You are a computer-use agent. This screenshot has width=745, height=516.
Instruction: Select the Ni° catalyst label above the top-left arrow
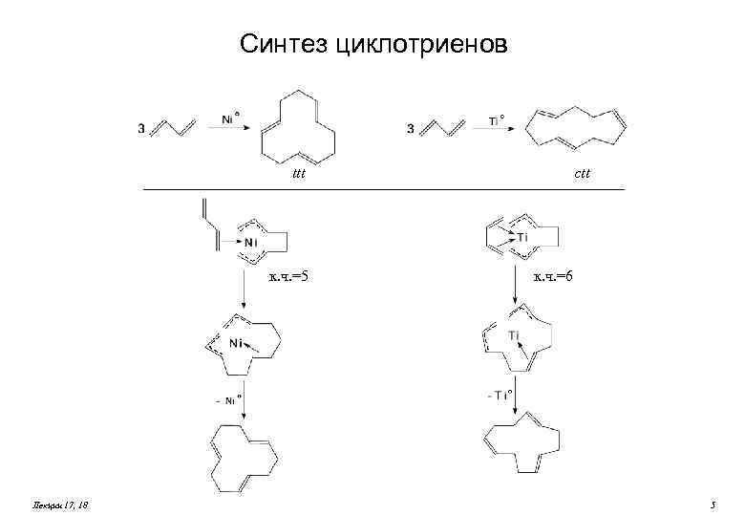click(x=231, y=119)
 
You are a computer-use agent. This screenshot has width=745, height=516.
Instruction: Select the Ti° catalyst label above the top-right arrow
click(x=497, y=120)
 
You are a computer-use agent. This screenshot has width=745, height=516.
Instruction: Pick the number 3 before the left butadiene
click(x=142, y=131)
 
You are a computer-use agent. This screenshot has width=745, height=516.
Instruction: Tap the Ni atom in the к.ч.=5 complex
click(x=250, y=243)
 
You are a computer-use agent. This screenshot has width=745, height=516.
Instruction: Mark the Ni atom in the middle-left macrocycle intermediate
click(x=236, y=341)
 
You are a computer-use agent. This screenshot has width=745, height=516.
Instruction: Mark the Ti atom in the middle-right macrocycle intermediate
click(x=514, y=334)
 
